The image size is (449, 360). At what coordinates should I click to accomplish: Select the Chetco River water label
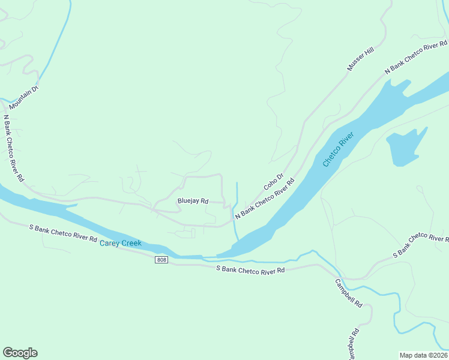click(x=339, y=149)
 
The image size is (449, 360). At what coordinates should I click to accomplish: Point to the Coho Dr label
click(x=272, y=183)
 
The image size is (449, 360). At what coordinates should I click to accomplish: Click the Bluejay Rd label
click(x=193, y=201)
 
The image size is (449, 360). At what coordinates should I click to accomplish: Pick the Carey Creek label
click(x=120, y=243)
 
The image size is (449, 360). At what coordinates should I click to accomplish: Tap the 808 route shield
click(x=161, y=259)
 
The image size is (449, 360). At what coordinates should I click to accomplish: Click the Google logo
click(x=20, y=353)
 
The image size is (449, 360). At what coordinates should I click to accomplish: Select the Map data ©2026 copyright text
click(x=423, y=355)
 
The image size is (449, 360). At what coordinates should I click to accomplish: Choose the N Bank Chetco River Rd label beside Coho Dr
click(x=265, y=199)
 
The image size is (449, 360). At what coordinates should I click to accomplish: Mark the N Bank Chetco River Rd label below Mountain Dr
click(x=13, y=148)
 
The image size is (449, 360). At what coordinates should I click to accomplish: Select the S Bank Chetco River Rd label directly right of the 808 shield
click(x=250, y=271)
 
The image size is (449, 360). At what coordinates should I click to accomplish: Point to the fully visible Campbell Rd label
click(x=349, y=294)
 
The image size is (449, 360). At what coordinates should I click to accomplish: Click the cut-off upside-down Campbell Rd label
click(x=354, y=344)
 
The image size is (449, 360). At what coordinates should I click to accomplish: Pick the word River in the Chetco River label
click(x=346, y=142)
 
